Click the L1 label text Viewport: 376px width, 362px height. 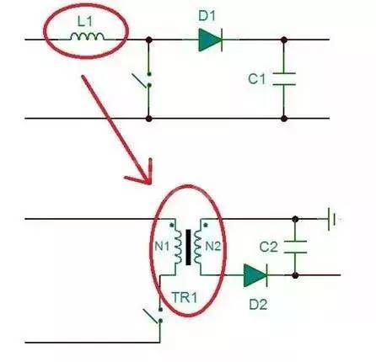(84, 21)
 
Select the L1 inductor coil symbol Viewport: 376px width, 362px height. (87, 36)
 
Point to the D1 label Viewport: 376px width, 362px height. (207, 15)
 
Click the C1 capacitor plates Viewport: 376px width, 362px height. (284, 79)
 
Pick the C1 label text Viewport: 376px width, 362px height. (256, 79)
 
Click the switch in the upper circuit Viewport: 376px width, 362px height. (143, 80)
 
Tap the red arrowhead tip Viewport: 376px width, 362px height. (149, 184)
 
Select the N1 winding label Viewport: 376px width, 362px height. (162, 247)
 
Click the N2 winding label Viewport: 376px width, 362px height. (213, 247)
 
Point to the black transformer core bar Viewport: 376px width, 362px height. (188, 248)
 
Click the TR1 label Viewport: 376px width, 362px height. (185, 297)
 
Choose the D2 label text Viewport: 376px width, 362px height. (258, 305)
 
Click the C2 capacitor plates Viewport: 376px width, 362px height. (295, 247)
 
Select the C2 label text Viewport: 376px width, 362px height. (269, 247)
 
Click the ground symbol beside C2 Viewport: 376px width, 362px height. (330, 219)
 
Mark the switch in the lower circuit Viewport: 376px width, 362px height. (154, 316)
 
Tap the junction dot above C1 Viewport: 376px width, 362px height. (284, 40)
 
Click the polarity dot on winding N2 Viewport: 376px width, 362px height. (206, 225)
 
